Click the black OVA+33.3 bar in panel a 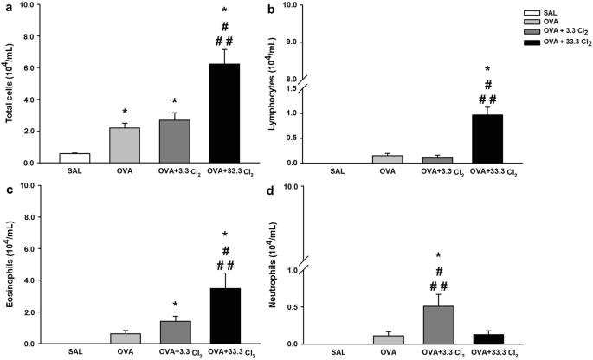click(x=225, y=113)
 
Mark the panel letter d click(x=298, y=190)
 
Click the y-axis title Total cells click(x=9, y=84)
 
